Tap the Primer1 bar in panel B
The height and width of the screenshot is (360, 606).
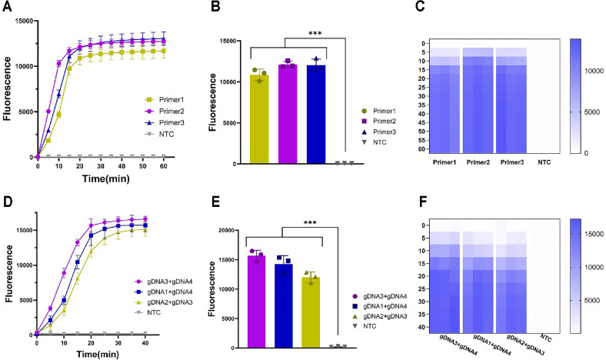pos(263,119)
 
